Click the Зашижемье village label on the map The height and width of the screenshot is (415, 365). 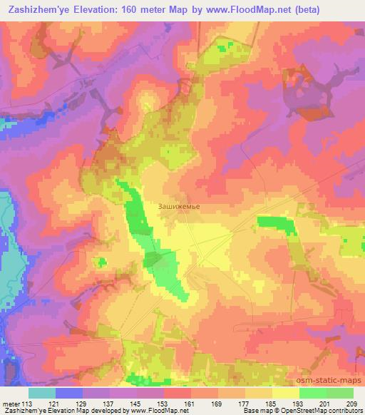(179, 207)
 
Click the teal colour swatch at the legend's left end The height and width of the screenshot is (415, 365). (42, 393)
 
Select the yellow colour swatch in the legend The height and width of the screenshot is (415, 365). (286, 393)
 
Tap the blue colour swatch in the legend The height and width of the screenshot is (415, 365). (69, 393)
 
